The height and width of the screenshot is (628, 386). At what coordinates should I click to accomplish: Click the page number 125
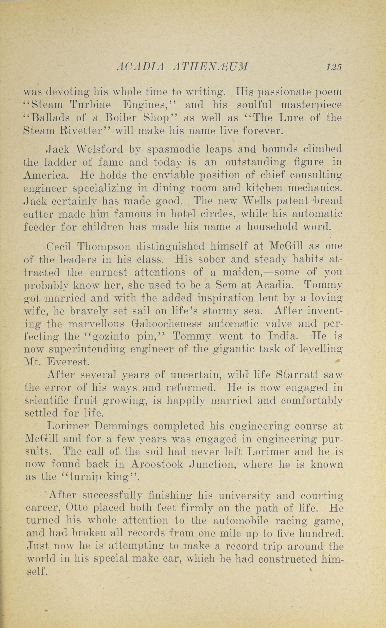333,67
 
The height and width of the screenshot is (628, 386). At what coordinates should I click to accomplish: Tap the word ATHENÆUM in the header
210,67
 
